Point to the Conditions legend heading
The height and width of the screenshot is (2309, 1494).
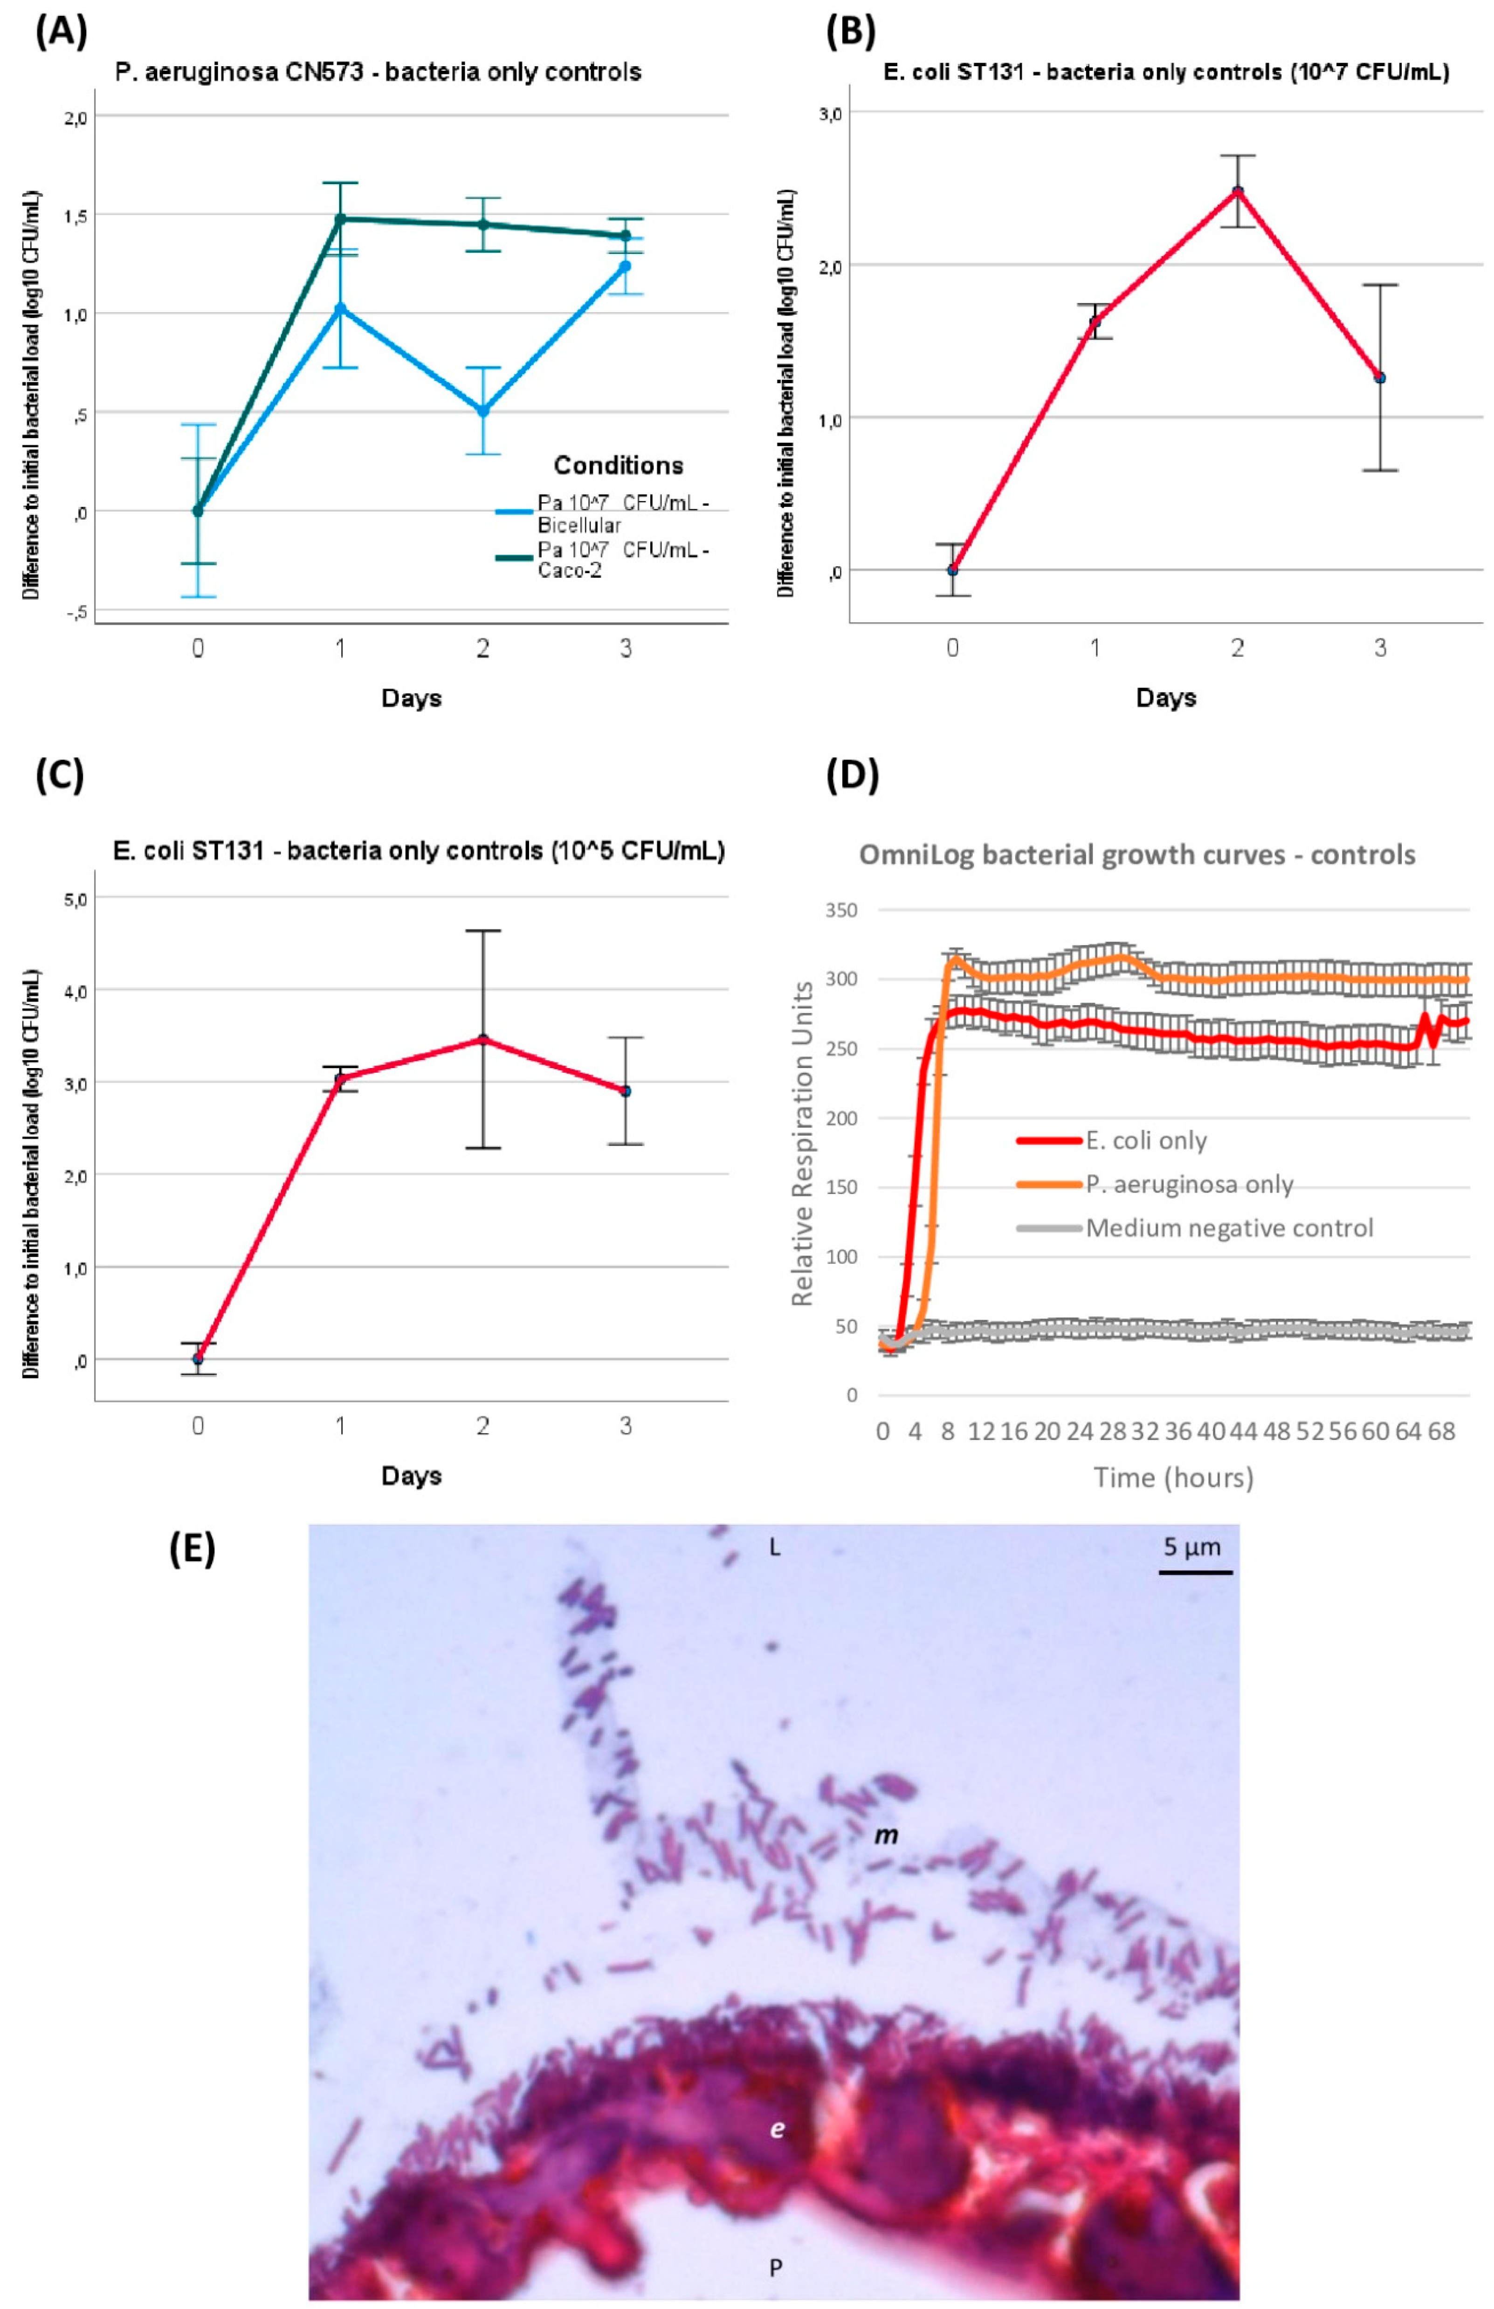(618, 466)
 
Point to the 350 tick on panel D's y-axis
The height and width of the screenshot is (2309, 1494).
(840, 910)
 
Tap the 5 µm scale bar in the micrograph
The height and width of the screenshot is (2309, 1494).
(1195, 1571)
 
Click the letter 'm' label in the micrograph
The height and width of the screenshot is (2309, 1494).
(887, 1835)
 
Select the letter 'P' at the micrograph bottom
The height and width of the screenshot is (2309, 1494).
(775, 2268)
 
